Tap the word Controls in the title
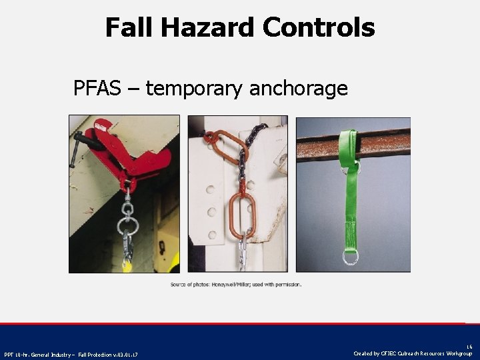pyautogui.click(x=319, y=28)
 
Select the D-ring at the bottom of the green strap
pyautogui.click(x=351, y=256)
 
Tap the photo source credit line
pyautogui.click(x=236, y=285)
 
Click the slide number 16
pyautogui.click(x=469, y=347)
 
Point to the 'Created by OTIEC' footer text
pyautogui.click(x=413, y=353)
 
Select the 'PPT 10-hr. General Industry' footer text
pyautogui.click(x=71, y=353)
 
